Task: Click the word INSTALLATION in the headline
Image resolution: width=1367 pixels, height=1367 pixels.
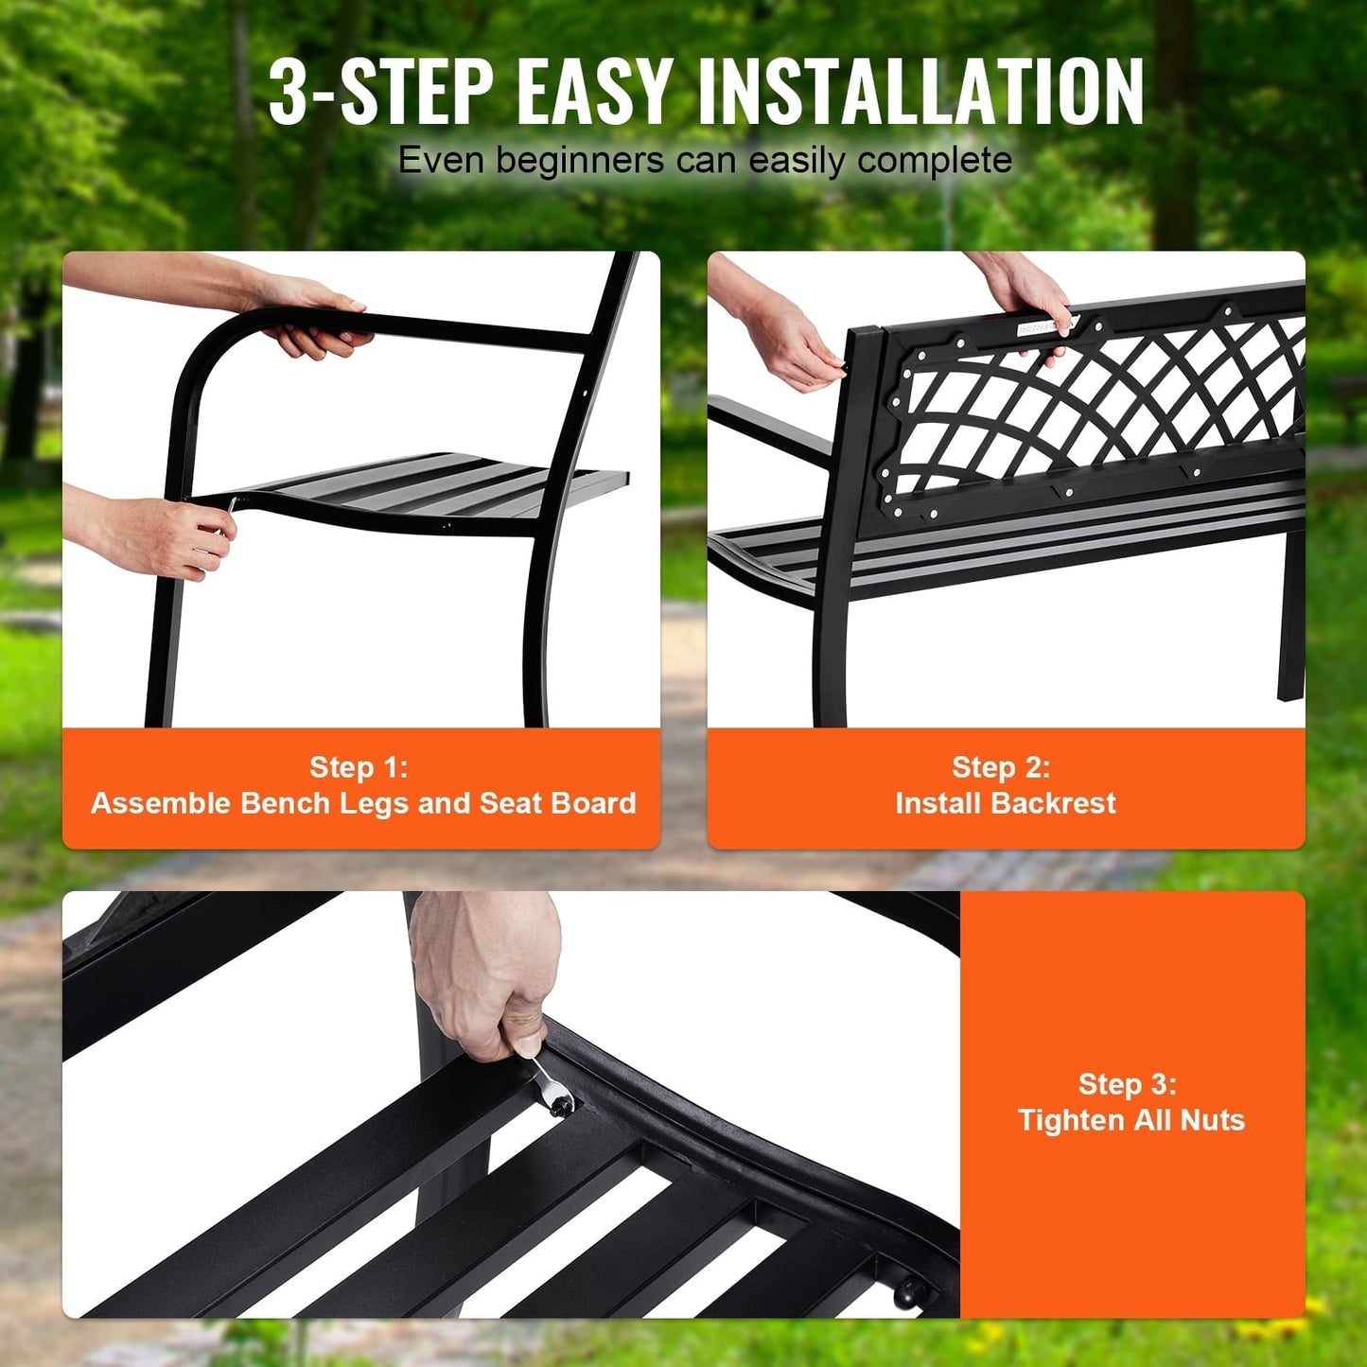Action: click(920, 92)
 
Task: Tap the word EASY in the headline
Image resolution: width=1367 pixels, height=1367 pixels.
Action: click(595, 92)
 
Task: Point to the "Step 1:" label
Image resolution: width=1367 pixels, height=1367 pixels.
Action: click(359, 767)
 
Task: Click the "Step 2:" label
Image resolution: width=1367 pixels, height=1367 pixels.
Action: click(1001, 767)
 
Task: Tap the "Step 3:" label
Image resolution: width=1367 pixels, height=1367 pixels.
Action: click(1128, 1084)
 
